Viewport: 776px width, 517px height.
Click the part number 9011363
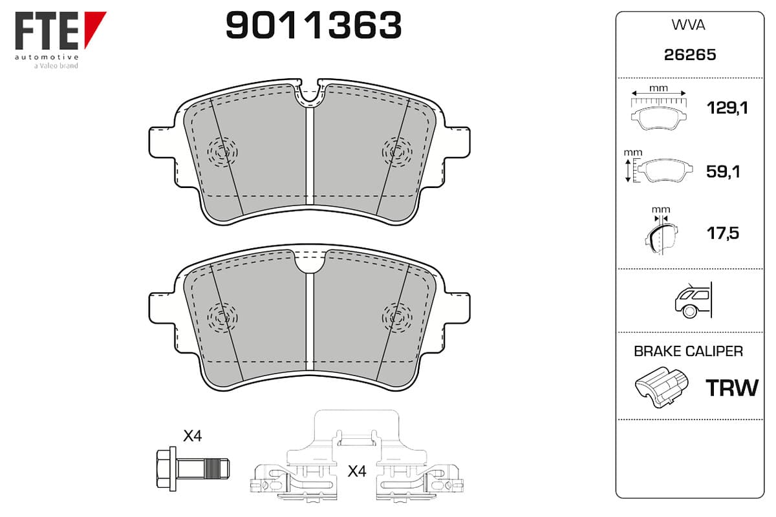tap(314, 25)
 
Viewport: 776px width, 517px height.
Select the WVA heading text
tap(688, 25)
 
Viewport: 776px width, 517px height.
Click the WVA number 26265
tap(690, 55)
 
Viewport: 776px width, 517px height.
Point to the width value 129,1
tap(727, 108)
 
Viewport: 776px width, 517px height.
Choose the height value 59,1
tap(723, 172)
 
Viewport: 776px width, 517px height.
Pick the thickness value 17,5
tap(723, 233)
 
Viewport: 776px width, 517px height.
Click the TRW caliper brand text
tap(732, 388)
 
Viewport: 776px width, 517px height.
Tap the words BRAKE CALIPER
tap(688, 351)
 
